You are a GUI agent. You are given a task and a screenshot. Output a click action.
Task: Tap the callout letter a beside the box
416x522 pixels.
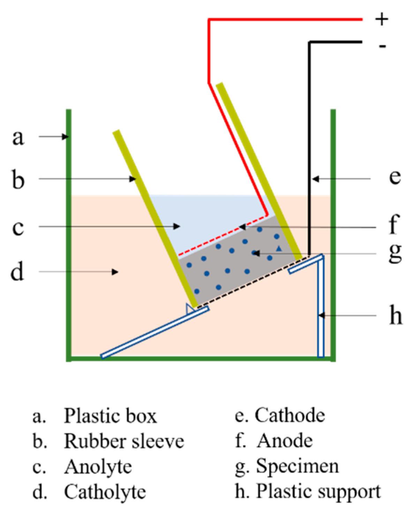coord(18,137)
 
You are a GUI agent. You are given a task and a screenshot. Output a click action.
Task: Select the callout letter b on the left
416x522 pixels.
coord(18,179)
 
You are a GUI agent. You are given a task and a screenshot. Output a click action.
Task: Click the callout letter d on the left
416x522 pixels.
coord(17,272)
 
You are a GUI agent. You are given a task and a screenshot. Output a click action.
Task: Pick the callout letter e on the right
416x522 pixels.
coord(395,177)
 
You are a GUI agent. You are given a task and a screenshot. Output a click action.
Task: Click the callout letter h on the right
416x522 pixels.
coord(395,316)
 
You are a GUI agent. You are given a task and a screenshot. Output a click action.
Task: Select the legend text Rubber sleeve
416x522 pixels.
coord(124,441)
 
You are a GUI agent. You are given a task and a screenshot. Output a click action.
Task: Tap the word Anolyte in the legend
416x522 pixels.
coord(98,467)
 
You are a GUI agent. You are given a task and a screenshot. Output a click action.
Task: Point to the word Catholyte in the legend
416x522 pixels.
coord(105,492)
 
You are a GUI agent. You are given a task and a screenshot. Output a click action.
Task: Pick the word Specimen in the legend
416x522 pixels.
coord(297,466)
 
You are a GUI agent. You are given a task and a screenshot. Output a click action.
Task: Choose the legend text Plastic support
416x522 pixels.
coord(318,492)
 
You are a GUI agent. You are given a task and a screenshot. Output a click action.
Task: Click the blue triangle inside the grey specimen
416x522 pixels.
coord(279,249)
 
